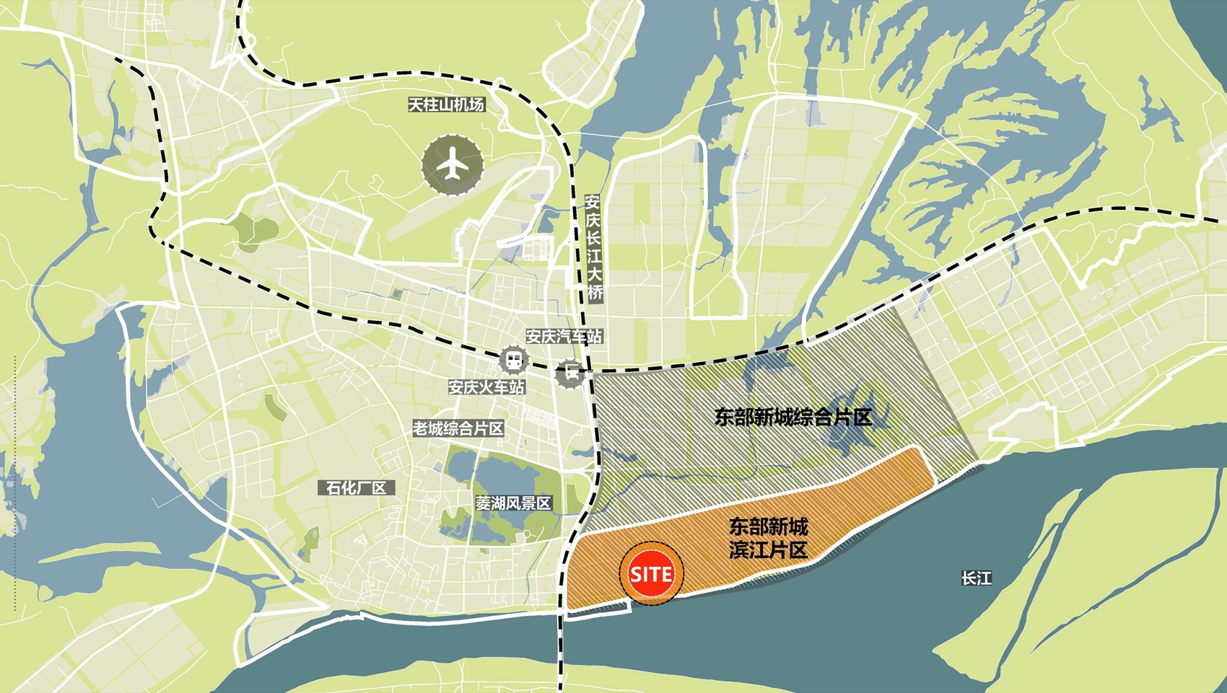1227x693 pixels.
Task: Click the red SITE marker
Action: pyautogui.click(x=651, y=574)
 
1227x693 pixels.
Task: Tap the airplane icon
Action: pyautogui.click(x=453, y=164)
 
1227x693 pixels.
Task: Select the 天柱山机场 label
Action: pyautogui.click(x=446, y=105)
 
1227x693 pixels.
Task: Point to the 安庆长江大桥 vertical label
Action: pyautogui.click(x=593, y=247)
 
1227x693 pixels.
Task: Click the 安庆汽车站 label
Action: pyautogui.click(x=564, y=336)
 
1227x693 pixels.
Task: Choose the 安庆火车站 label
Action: pyautogui.click(x=486, y=387)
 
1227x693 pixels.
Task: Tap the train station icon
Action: pyautogui.click(x=514, y=359)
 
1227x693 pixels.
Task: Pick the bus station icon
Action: pyautogui.click(x=570, y=374)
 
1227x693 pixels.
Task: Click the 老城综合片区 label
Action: pyautogui.click(x=458, y=428)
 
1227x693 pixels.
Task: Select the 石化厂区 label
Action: pyautogui.click(x=356, y=487)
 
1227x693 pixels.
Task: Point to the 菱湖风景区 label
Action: pyautogui.click(x=512, y=503)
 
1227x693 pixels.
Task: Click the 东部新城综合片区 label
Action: pyautogui.click(x=792, y=417)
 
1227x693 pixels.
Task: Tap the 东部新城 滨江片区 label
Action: pyautogui.click(x=768, y=538)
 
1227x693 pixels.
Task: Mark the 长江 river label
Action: pyautogui.click(x=976, y=578)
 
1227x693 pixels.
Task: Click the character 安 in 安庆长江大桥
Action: pyautogui.click(x=593, y=202)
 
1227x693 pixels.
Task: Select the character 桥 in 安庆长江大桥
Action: pyautogui.click(x=594, y=292)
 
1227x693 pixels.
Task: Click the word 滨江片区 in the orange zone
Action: pyautogui.click(x=768, y=550)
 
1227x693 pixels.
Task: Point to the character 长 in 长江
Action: pyautogui.click(x=969, y=578)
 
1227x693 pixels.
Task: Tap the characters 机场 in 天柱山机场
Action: pyautogui.click(x=468, y=105)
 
